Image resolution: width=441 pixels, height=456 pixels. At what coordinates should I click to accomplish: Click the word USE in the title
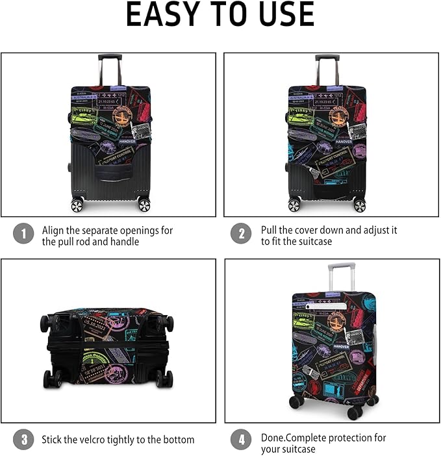coord(284,14)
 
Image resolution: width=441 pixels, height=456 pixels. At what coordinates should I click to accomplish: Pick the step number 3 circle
coord(23,440)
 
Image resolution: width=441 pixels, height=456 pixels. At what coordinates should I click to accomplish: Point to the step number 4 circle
coord(241,440)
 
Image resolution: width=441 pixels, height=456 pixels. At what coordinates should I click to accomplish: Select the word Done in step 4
coord(272,437)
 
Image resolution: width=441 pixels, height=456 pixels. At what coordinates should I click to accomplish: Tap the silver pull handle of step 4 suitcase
coord(342,267)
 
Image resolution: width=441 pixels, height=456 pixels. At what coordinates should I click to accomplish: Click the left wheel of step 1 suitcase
coord(77,205)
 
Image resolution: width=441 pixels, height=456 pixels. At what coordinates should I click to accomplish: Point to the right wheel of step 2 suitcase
coord(359,205)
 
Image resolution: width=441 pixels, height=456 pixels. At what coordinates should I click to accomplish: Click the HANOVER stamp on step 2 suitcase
coord(344,141)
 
